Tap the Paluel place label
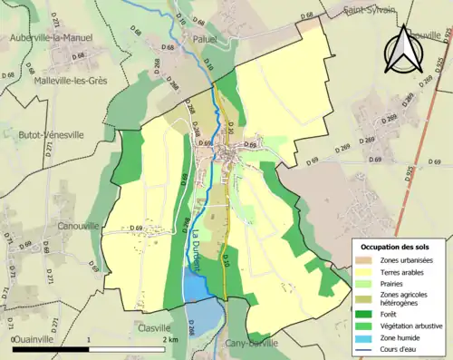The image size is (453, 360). pyautogui.click(x=207, y=39)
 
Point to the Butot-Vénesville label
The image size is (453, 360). pyautogui.click(x=51, y=134)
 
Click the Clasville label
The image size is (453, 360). pyautogui.click(x=155, y=328)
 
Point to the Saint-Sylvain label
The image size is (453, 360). pyautogui.click(x=371, y=11)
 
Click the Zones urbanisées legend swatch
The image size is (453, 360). pyautogui.click(x=367, y=260)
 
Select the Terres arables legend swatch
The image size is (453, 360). pyautogui.click(x=367, y=272)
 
